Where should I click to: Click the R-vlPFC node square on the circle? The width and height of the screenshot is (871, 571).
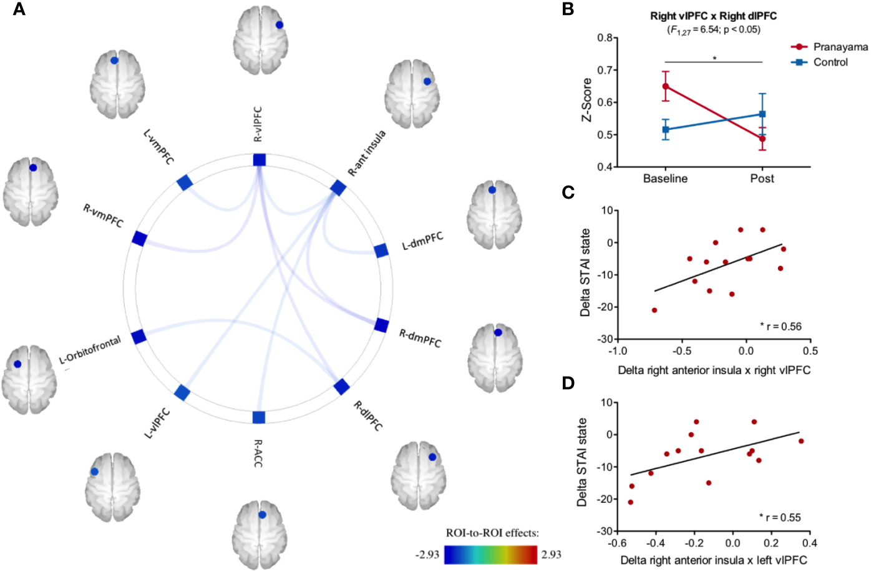coord(260,160)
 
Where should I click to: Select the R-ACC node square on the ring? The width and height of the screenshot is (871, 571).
coord(259,417)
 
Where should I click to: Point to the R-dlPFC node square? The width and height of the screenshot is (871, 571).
coord(341,387)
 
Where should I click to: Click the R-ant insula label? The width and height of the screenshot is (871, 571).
coord(367,153)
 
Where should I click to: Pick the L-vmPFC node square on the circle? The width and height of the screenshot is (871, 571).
coord(185,182)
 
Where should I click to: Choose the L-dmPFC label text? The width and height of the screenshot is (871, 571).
coord(422,241)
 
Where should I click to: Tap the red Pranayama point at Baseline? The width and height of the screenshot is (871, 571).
coord(666,86)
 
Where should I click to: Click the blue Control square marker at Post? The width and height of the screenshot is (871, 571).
coord(762,114)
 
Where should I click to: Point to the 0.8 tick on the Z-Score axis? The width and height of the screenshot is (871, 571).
coord(605,37)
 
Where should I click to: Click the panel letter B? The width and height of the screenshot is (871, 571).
coord(568,9)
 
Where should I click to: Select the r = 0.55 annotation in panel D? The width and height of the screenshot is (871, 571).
coord(782,517)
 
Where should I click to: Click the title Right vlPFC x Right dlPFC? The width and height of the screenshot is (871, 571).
coord(713,16)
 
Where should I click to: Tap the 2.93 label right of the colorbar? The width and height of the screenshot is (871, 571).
coord(551,554)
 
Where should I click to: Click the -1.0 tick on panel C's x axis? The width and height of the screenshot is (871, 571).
coord(618,351)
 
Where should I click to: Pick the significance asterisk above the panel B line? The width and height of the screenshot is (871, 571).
coord(714,59)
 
